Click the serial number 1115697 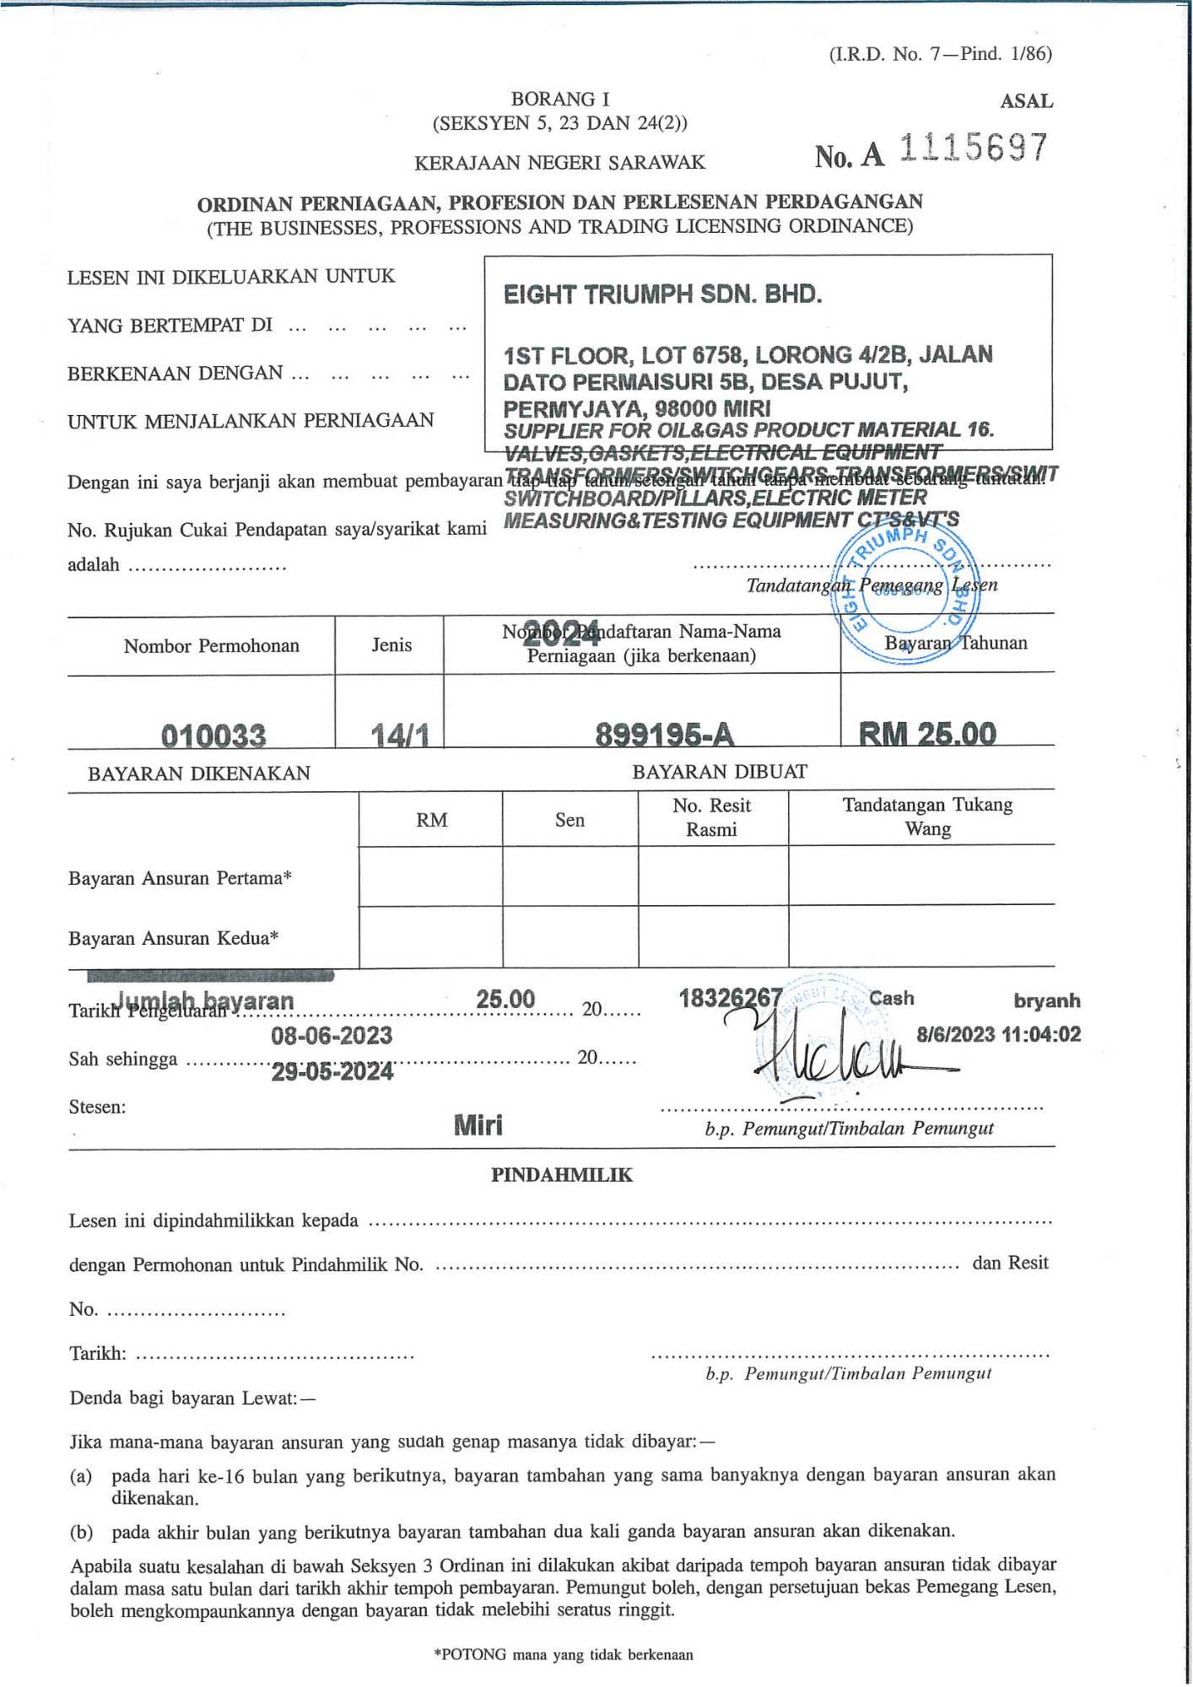[973, 148]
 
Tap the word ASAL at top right [1026, 101]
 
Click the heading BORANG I [560, 99]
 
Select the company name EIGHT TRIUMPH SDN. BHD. [662, 294]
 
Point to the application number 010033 [213, 736]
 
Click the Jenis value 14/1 [400, 736]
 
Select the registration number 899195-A [664, 735]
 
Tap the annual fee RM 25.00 [927, 733]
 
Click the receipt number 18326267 [730, 998]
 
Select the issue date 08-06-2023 [332, 1035]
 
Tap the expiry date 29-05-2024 [332, 1071]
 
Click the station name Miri [478, 1124]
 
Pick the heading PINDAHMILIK [561, 1175]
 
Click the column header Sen [570, 820]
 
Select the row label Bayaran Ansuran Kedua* [174, 938]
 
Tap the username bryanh [1046, 1000]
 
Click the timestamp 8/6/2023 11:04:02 [998, 1034]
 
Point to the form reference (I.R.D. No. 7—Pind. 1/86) [940, 54]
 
